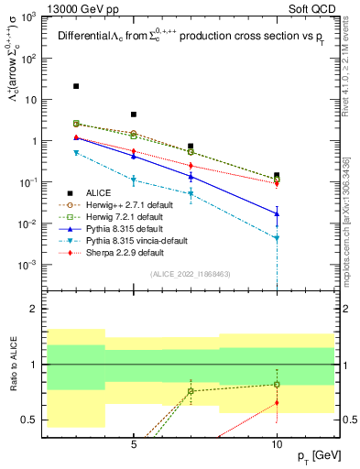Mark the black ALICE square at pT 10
[277, 175]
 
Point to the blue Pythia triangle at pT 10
[277, 213]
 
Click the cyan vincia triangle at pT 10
[277, 238]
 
